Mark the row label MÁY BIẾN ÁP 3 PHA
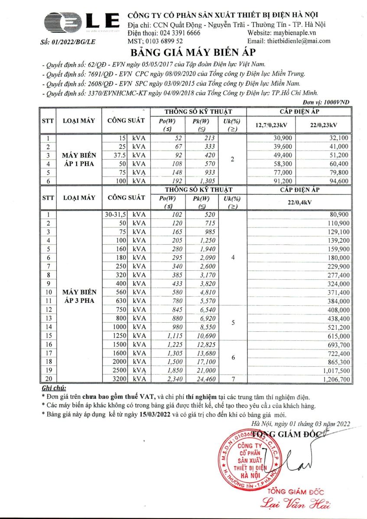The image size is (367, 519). [79, 296]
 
